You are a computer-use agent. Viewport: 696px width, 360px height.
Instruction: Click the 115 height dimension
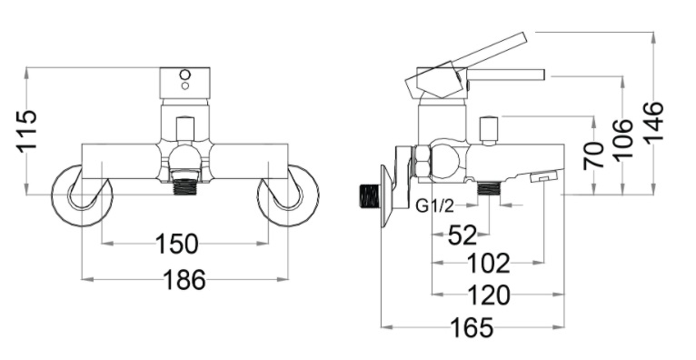[x=26, y=131]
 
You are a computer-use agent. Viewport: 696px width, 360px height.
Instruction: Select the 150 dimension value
[x=177, y=244]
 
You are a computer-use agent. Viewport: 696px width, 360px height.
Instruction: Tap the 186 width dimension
[x=184, y=280]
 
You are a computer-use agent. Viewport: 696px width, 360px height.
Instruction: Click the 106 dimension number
[x=624, y=138]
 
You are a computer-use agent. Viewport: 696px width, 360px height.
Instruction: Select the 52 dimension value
[x=462, y=235]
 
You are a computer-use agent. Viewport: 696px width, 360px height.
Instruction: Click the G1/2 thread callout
[x=434, y=206]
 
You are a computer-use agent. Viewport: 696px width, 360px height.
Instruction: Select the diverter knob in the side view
[x=489, y=129]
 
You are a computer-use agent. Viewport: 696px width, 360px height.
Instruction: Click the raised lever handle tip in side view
[x=518, y=39]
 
